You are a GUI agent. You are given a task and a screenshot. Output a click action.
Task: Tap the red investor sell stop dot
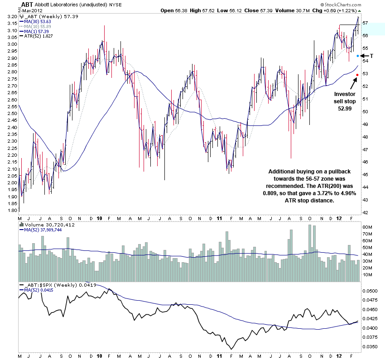[x=357, y=75]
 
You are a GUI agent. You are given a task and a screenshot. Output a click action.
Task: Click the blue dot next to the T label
[x=357, y=56]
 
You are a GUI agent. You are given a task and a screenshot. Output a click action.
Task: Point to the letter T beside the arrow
[x=371, y=56]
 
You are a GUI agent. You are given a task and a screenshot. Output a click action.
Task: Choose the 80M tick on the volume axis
[x=368, y=226]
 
